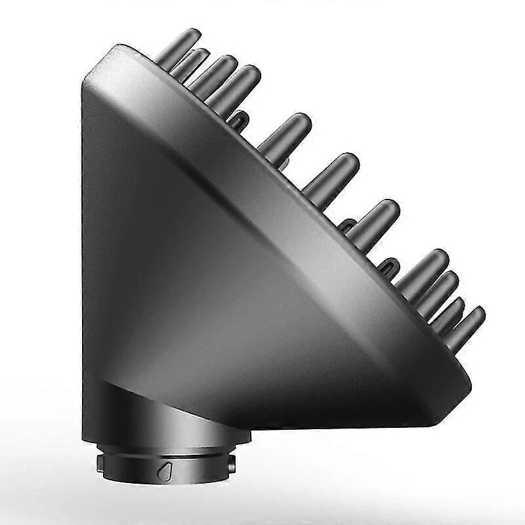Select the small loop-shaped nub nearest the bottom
tap(387, 264)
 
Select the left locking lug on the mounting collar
tap(100, 463)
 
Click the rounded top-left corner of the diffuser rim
tap(98, 66)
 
